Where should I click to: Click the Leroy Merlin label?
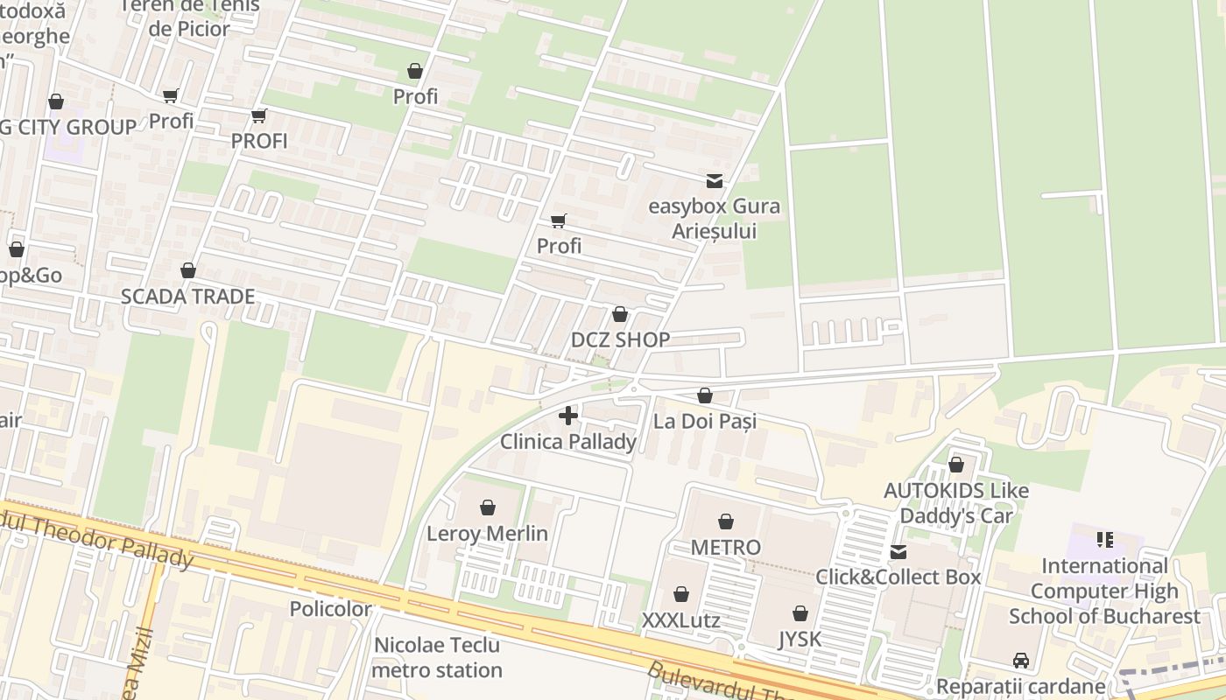pyautogui.click(x=487, y=534)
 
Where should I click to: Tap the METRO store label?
pyautogui.click(x=726, y=548)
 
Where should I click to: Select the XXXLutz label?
pyautogui.click(x=681, y=620)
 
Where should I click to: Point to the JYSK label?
pyautogui.click(x=800, y=640)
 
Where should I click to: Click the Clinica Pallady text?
pyautogui.click(x=568, y=442)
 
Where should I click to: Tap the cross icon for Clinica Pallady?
pyautogui.click(x=568, y=416)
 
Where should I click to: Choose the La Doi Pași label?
pyautogui.click(x=705, y=421)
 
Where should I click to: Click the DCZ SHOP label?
pyautogui.click(x=620, y=339)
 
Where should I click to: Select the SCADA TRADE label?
pyautogui.click(x=187, y=297)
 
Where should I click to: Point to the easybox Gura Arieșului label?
pyautogui.click(x=715, y=219)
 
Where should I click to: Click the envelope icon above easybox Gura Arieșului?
pyautogui.click(x=715, y=181)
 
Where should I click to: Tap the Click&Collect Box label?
pyautogui.click(x=898, y=577)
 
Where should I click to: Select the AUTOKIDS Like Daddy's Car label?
pyautogui.click(x=956, y=503)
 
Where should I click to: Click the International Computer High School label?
pyautogui.click(x=1104, y=591)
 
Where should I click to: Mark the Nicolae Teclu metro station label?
pyautogui.click(x=438, y=658)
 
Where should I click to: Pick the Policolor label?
pyautogui.click(x=330, y=608)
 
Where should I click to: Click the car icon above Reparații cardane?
pyautogui.click(x=1020, y=661)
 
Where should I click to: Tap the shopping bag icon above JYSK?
pyautogui.click(x=800, y=613)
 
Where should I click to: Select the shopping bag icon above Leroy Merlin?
pyautogui.click(x=488, y=507)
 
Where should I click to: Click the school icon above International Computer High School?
pyautogui.click(x=1105, y=540)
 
